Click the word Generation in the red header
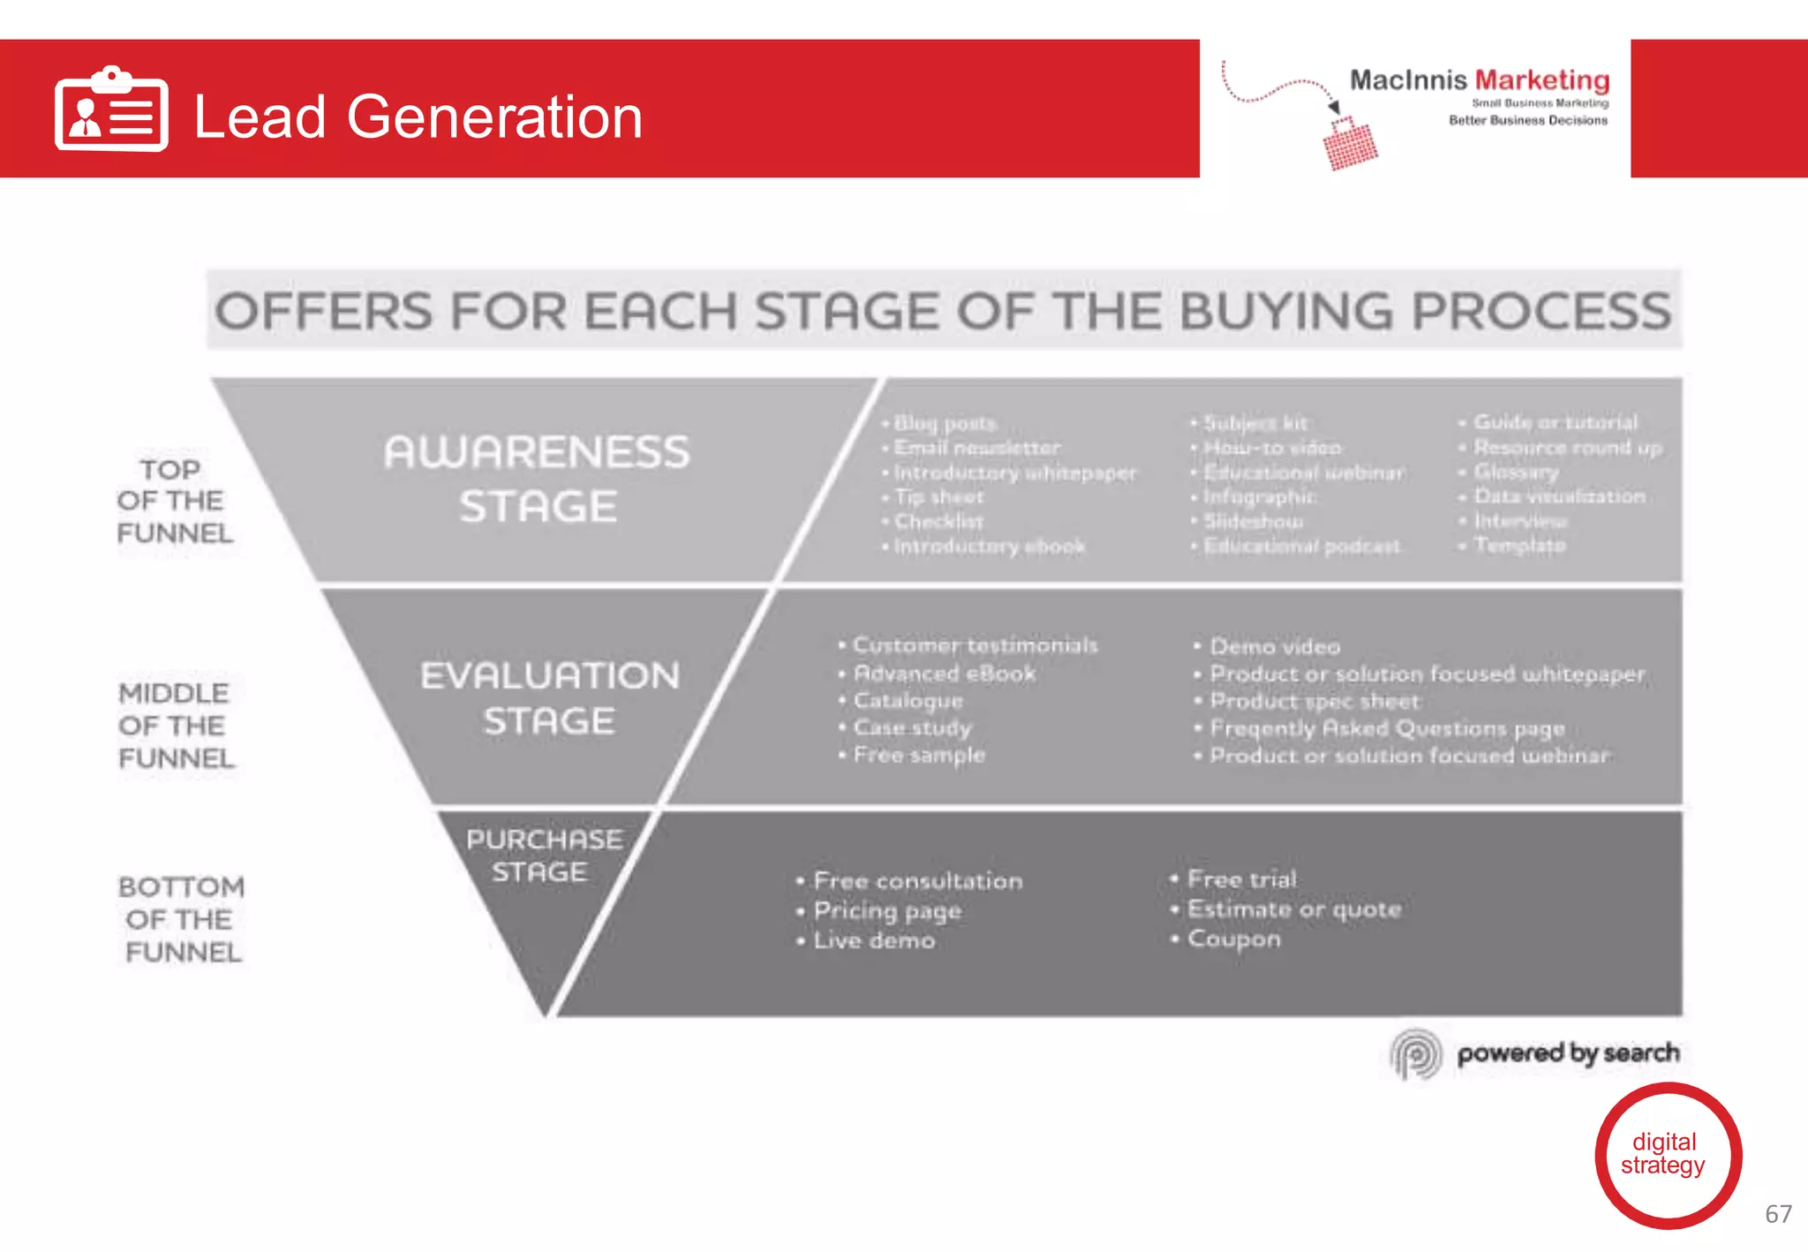(493, 117)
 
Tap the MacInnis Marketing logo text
(1479, 80)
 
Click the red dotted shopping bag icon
(1350, 144)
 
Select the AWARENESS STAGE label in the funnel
(537, 479)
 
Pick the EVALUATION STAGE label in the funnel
(549, 698)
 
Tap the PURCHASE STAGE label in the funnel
(543, 855)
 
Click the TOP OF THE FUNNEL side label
(174, 501)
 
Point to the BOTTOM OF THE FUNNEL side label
(181, 918)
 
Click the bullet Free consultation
(916, 880)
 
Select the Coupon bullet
(1232, 939)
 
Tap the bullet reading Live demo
(873, 940)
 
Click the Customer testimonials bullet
(974, 645)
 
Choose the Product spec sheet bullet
(1314, 701)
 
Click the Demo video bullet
(1274, 646)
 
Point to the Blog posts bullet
(944, 423)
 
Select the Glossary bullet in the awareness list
(1515, 471)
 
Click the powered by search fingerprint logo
(1416, 1052)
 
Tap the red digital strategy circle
(1667, 1155)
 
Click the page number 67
(1777, 1214)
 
